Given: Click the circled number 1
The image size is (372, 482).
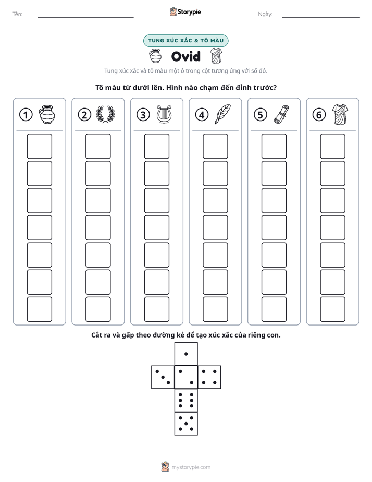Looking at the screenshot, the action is point(26,115).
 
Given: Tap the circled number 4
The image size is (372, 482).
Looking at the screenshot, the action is point(202,115).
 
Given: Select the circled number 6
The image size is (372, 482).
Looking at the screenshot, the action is point(319,115).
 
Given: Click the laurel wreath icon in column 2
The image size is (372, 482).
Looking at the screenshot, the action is point(105,114).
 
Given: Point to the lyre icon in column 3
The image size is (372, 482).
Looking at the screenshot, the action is point(164,114).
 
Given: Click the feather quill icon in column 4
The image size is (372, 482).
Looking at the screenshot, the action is point(222,114).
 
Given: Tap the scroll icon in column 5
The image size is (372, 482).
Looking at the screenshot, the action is point(281,114).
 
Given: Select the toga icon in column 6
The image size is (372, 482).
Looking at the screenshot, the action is point(340,114).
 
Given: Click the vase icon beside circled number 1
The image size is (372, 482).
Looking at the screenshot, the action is point(47,114).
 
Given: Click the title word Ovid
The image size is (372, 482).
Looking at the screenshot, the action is point(185,56).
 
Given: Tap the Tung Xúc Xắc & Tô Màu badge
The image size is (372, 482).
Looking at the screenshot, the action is point(185,41).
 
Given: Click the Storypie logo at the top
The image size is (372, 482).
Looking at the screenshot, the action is point(185,12).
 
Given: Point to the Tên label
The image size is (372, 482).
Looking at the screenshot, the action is point(17,14).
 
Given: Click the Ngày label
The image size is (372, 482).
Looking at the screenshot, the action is point(265,14).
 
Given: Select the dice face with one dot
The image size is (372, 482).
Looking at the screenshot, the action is point(186,354).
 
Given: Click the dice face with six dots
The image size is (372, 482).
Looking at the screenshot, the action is point(186,400).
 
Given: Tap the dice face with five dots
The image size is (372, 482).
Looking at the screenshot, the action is point(186,424).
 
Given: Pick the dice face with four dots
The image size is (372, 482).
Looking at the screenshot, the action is point(209,377).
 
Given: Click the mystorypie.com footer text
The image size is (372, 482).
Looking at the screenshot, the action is point(191,467).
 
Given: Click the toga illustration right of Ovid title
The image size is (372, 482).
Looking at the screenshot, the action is point(216,56).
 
